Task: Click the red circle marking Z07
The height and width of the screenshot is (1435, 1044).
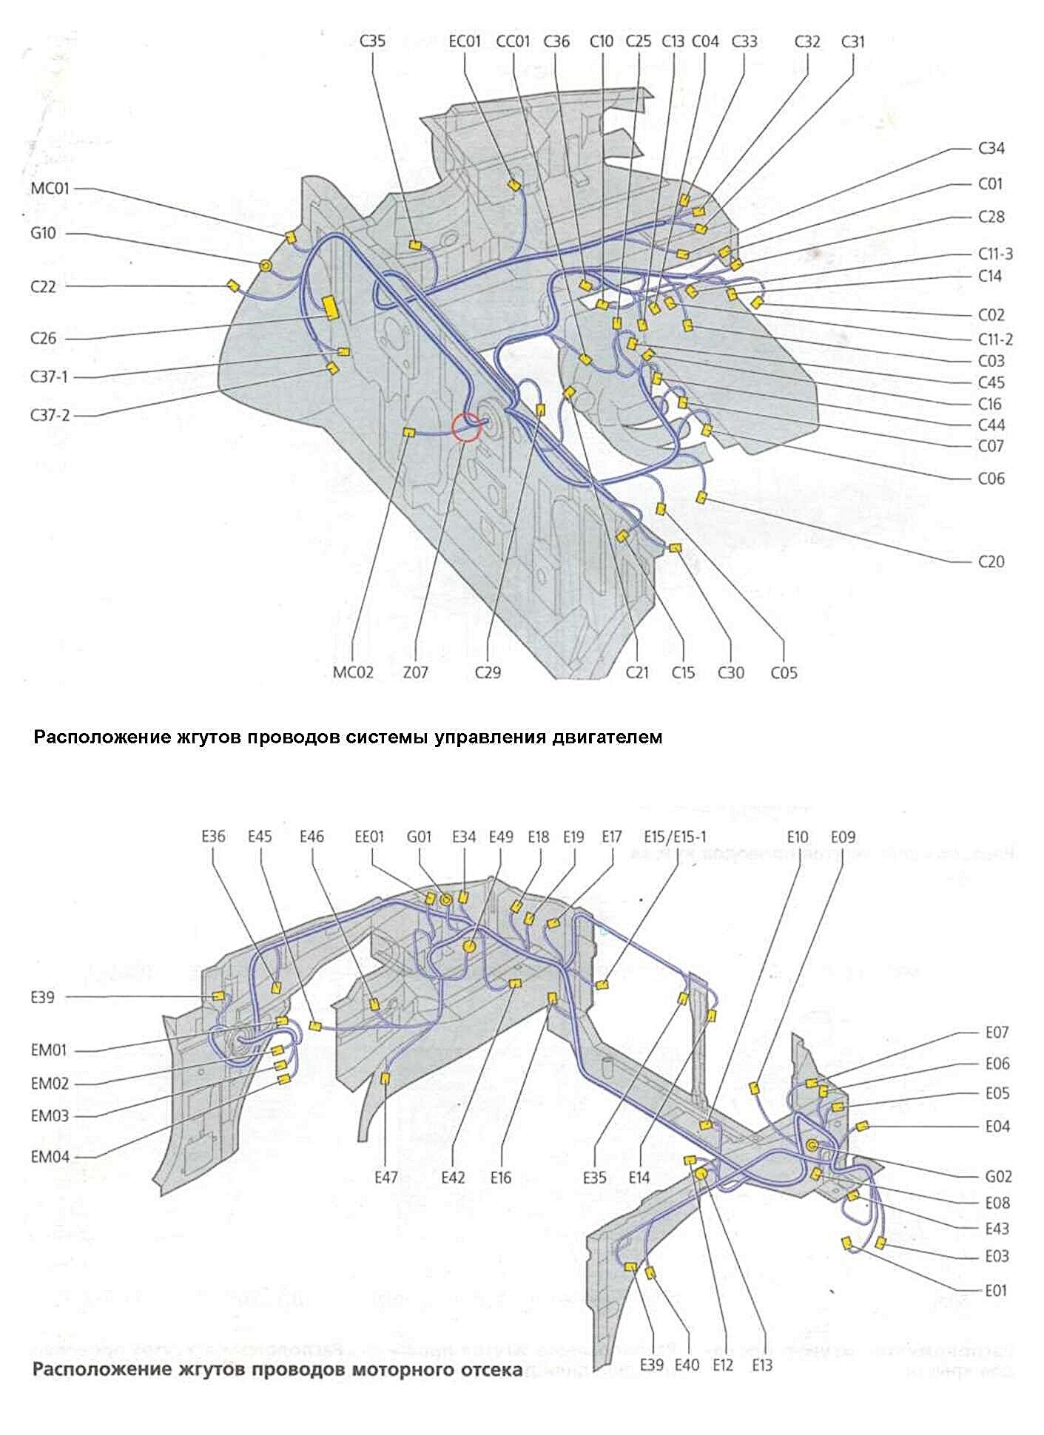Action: pos(466,426)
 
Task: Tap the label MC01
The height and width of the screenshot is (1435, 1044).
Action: pos(50,189)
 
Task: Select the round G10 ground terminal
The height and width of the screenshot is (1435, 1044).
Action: pos(266,265)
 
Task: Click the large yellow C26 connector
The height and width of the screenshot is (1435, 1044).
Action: pos(330,306)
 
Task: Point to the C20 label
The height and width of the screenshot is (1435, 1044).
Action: pos(991,561)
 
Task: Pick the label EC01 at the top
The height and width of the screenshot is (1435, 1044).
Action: pos(465,41)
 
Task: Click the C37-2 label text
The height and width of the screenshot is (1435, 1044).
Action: pos(50,416)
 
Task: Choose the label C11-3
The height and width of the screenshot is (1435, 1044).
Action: pos(995,254)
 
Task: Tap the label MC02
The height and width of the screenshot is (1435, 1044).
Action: pos(353,672)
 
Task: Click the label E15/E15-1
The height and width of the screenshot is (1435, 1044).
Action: pos(675,837)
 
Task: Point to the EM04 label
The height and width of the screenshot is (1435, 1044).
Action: pos(50,1157)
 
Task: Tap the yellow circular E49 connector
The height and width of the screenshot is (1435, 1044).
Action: pos(468,947)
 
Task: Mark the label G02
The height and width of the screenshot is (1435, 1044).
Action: pos(997,1176)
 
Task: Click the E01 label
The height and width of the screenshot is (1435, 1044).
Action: pos(996,1291)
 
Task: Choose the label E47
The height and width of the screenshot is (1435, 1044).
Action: pos(386,1177)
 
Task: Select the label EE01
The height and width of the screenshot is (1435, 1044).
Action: pos(370,837)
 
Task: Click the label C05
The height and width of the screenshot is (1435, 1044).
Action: pos(784,672)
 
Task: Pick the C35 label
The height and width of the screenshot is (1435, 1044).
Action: pos(372,41)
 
